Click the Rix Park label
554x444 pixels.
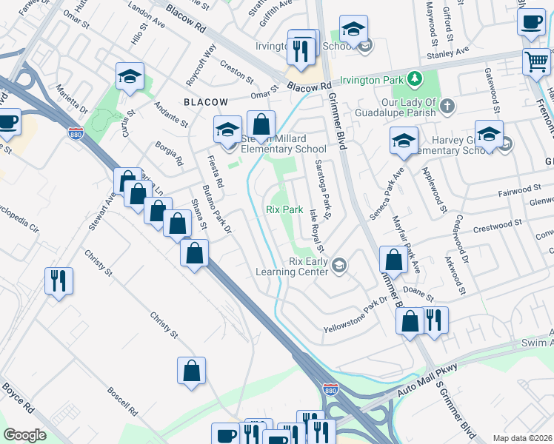point(284,209)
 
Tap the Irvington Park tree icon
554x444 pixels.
point(415,79)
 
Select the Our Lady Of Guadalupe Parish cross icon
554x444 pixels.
point(447,107)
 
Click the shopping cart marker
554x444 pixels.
point(535,61)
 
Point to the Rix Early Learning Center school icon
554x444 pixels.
point(340,265)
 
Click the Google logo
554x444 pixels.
point(24,435)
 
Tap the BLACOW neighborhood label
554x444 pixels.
point(207,101)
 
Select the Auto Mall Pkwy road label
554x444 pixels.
point(429,377)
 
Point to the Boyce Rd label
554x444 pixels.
point(19,397)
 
